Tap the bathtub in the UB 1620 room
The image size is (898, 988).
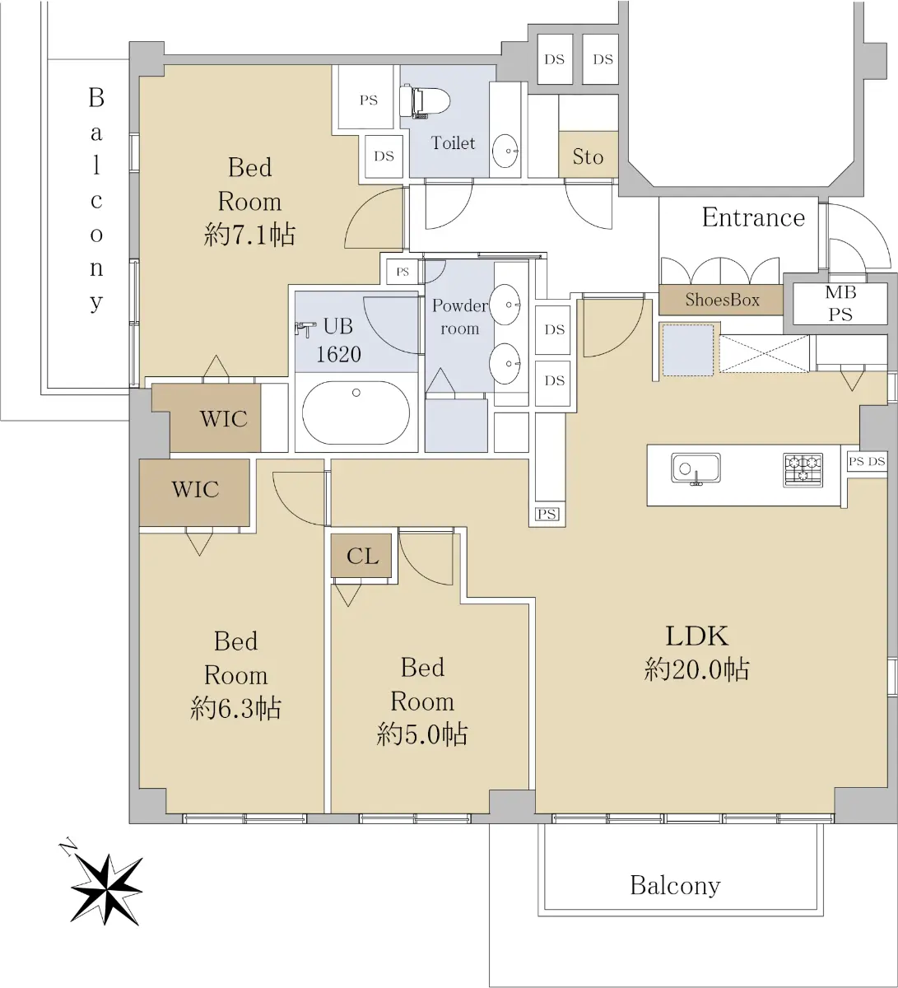click(356, 412)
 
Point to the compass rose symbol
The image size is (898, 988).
click(105, 887)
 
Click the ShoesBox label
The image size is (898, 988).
click(722, 301)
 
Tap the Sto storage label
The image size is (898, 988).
click(588, 156)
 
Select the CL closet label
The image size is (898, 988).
click(362, 557)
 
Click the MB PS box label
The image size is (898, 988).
click(840, 304)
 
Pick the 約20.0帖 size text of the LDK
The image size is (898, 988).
click(696, 670)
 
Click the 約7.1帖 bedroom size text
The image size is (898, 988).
click(249, 236)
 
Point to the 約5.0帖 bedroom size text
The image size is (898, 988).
click(422, 734)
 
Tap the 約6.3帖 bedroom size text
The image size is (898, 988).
click(235, 708)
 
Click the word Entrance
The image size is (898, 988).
click(752, 218)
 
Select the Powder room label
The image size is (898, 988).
click(459, 317)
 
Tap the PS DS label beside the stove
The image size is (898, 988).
click(867, 462)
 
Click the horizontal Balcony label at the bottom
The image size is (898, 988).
click(675, 886)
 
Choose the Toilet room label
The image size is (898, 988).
click(453, 143)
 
